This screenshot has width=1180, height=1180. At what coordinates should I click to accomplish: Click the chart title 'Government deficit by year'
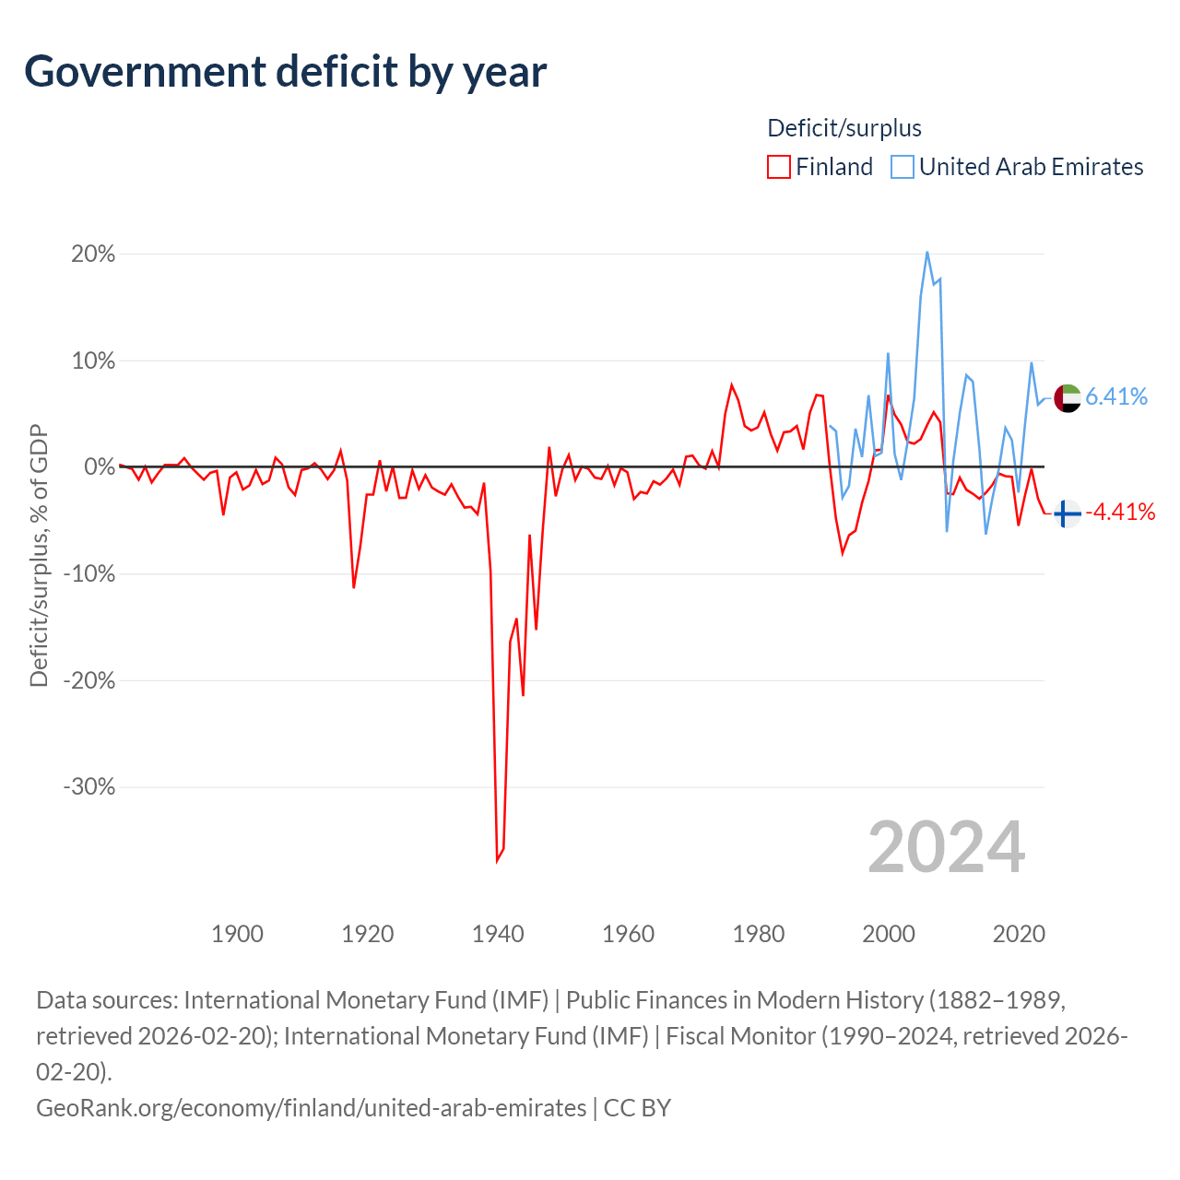click(285, 72)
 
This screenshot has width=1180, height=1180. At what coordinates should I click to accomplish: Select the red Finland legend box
click(778, 167)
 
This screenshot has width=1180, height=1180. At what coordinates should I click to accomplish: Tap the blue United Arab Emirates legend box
click(902, 167)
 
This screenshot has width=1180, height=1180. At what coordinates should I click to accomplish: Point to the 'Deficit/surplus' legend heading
click(844, 128)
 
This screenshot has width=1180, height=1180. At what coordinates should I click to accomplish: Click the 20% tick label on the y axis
click(93, 254)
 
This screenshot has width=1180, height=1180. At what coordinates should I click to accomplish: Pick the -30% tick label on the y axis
click(89, 787)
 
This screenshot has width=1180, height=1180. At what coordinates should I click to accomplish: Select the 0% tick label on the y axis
click(100, 466)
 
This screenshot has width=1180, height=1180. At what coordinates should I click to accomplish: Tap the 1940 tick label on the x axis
click(498, 934)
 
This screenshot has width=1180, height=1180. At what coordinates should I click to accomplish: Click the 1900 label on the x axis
click(237, 934)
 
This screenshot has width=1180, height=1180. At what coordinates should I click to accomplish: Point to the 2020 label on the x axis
click(1019, 934)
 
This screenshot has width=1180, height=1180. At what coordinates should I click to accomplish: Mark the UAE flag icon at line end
click(1068, 398)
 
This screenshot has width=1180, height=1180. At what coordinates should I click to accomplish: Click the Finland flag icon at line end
click(1068, 513)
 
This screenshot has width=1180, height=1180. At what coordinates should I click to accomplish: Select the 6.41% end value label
click(1116, 396)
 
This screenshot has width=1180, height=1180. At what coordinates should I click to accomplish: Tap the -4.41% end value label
click(1120, 512)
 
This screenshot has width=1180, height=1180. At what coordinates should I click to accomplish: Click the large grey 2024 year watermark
click(946, 847)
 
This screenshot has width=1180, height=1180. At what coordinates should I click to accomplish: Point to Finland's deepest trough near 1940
click(497, 862)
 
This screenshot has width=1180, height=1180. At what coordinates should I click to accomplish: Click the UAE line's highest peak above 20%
click(927, 253)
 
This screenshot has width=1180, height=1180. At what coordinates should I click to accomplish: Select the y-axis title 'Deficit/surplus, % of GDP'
click(40, 555)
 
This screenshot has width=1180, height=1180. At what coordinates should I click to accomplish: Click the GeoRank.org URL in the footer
click(311, 1108)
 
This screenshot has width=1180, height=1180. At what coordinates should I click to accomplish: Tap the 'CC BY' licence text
click(637, 1108)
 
